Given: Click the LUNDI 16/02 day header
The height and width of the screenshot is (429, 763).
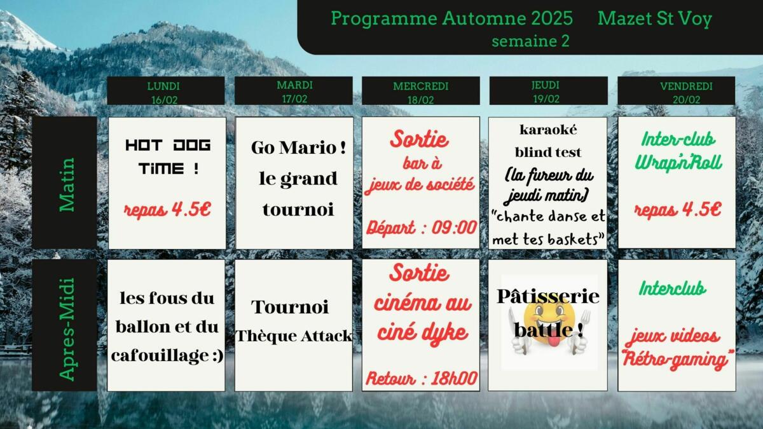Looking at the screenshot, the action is pyautogui.click(x=166, y=90).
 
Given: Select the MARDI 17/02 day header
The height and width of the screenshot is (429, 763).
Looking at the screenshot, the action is pyautogui.click(x=294, y=90).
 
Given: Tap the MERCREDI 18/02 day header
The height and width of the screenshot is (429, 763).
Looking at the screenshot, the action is pyautogui.click(x=421, y=90).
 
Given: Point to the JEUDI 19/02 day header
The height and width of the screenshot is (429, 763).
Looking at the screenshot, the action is pyautogui.click(x=548, y=90).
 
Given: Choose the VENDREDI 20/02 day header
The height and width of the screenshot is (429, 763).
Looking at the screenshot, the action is pyautogui.click(x=676, y=90).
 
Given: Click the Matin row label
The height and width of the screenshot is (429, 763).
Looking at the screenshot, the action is pyautogui.click(x=67, y=184).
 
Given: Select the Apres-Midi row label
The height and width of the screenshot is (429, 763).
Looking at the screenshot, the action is pyautogui.click(x=67, y=329).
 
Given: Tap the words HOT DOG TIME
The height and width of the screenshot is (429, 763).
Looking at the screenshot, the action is pyautogui.click(x=168, y=156).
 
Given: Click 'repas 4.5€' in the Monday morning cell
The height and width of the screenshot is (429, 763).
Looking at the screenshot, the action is pyautogui.click(x=168, y=209).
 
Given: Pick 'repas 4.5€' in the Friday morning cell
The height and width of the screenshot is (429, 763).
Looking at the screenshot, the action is pyautogui.click(x=678, y=209).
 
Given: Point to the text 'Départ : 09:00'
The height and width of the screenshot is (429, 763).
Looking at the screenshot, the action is pyautogui.click(x=422, y=228).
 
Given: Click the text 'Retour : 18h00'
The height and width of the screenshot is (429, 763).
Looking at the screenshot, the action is pyautogui.click(x=422, y=378).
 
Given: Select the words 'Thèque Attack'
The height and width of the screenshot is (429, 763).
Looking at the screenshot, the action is pyautogui.click(x=294, y=336).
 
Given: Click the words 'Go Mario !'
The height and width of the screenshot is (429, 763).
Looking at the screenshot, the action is pyautogui.click(x=298, y=147).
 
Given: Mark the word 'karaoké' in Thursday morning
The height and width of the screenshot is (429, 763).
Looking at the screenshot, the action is pyautogui.click(x=548, y=130).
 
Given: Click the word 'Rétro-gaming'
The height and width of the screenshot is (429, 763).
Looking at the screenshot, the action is pyautogui.click(x=676, y=359).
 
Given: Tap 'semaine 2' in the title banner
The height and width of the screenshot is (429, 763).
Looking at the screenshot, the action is pyautogui.click(x=530, y=41).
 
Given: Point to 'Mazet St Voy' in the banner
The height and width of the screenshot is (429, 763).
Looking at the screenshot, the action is pyautogui.click(x=655, y=18).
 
